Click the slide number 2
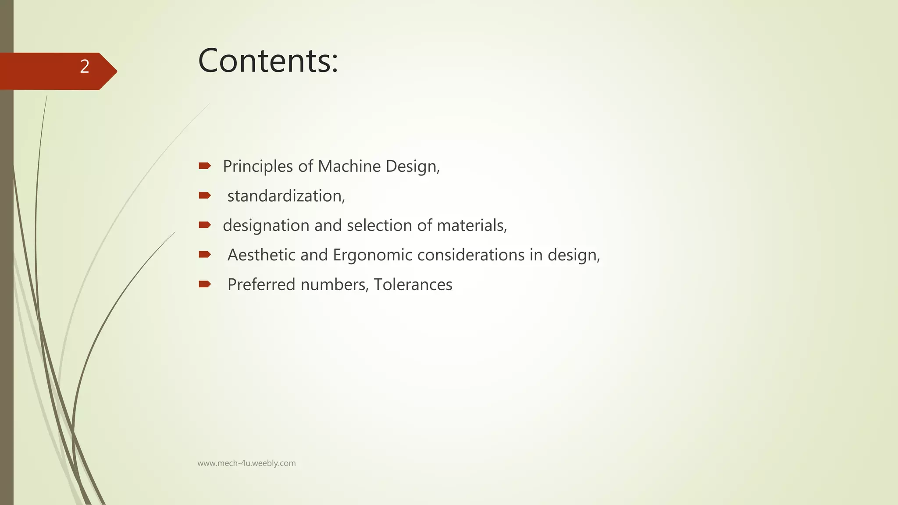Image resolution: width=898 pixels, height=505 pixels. (x=85, y=67)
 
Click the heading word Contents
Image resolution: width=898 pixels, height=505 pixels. (x=267, y=60)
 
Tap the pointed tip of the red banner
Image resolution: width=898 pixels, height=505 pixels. (x=115, y=71)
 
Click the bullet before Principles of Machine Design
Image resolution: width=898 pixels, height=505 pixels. (x=204, y=166)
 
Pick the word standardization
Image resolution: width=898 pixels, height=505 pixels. (x=286, y=196)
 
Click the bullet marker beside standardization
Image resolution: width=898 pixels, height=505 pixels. (x=204, y=195)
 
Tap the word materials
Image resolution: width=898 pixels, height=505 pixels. (x=472, y=225)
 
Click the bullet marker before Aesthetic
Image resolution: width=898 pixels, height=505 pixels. (x=204, y=254)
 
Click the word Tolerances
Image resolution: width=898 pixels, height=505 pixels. (x=413, y=285)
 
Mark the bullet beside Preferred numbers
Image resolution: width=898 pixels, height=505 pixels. (x=204, y=284)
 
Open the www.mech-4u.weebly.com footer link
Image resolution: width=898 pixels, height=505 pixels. (x=246, y=463)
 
